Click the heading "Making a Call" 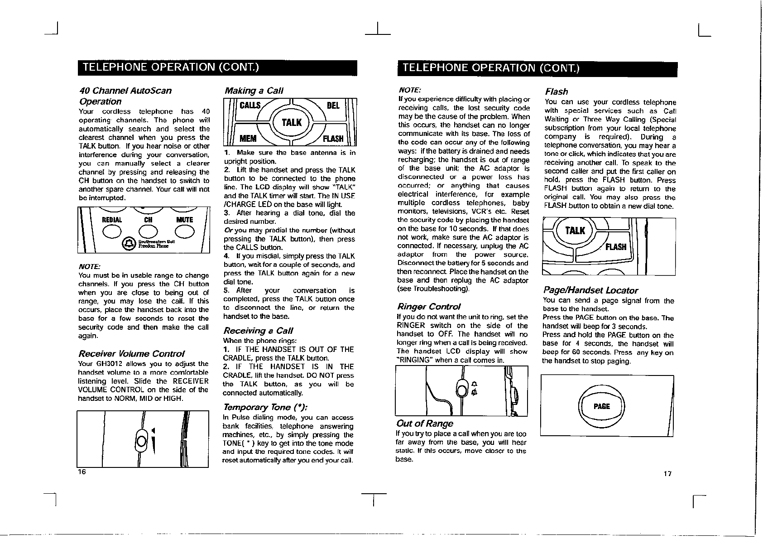pyautogui.click(x=254, y=91)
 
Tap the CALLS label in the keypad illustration pyautogui.click(x=250, y=106)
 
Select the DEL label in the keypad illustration pyautogui.click(x=333, y=106)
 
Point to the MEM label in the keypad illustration pyautogui.click(x=248, y=138)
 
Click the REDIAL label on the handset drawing pyautogui.click(x=112, y=220)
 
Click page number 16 pyautogui.click(x=82, y=472)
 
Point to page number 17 pyautogui.click(x=667, y=474)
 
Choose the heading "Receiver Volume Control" pyautogui.click(x=132, y=353)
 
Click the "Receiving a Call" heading pyautogui.click(x=259, y=330)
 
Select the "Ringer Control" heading pyautogui.click(x=429, y=307)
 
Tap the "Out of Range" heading pyautogui.click(x=424, y=423)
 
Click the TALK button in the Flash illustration pyautogui.click(x=575, y=231)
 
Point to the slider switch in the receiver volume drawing pyautogui.click(x=141, y=440)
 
